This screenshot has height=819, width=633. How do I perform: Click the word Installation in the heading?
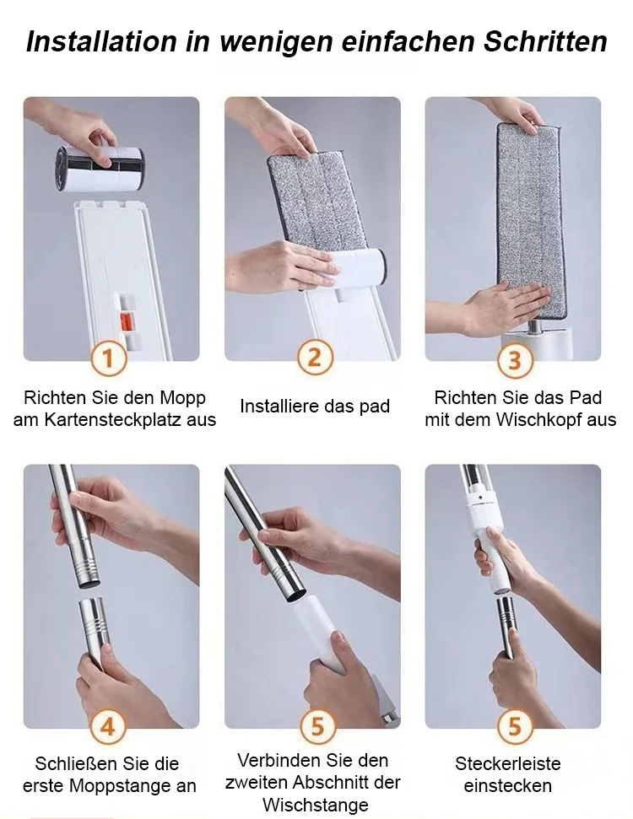pyautogui.click(x=101, y=41)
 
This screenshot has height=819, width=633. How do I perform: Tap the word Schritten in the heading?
pyautogui.click(x=545, y=41)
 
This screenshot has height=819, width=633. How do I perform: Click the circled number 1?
pyautogui.click(x=108, y=358)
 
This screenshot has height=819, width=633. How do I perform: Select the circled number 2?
pyautogui.click(x=315, y=358)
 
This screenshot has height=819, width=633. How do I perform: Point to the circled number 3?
pyautogui.click(x=515, y=360)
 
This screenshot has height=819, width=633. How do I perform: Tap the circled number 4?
pyautogui.click(x=107, y=726)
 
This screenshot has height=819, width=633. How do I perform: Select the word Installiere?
pyautogui.click(x=273, y=406)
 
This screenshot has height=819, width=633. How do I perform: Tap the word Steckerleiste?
pyautogui.click(x=508, y=763)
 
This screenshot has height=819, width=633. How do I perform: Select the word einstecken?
pyautogui.click(x=507, y=785)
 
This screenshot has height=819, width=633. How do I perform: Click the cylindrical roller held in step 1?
pyautogui.click(x=100, y=169)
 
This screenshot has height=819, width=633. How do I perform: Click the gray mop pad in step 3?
pyautogui.click(x=530, y=219)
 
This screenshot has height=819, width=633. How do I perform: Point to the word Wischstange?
pyautogui.click(x=315, y=805)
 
